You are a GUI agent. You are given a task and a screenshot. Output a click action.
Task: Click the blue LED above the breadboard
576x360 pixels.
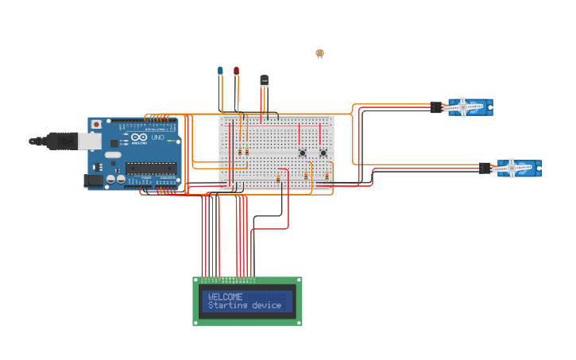(x=220, y=71)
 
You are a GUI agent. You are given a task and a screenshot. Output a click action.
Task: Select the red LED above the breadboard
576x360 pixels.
(x=236, y=71)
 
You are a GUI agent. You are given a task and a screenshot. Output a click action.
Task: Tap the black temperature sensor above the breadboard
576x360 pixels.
(x=265, y=80)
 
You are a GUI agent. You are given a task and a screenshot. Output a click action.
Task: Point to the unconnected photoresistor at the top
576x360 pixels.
(x=319, y=53)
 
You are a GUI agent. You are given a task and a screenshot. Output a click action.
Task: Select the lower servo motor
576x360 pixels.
(x=517, y=168)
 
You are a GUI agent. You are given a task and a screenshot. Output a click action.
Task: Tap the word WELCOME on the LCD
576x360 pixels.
(x=226, y=296)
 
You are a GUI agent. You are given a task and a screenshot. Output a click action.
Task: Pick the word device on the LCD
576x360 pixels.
(x=266, y=305)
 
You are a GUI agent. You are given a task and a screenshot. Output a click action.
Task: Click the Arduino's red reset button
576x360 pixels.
(x=96, y=124)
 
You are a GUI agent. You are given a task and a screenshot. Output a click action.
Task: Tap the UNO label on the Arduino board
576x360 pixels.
(x=157, y=137)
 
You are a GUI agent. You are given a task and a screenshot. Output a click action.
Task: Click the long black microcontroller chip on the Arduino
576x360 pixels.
(x=150, y=168)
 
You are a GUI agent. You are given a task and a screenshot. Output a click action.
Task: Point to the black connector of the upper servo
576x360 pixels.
(x=436, y=106)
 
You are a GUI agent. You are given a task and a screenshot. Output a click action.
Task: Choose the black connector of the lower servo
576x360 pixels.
(x=485, y=168)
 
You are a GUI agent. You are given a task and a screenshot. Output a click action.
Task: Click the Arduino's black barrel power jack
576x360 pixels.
(x=93, y=180)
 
